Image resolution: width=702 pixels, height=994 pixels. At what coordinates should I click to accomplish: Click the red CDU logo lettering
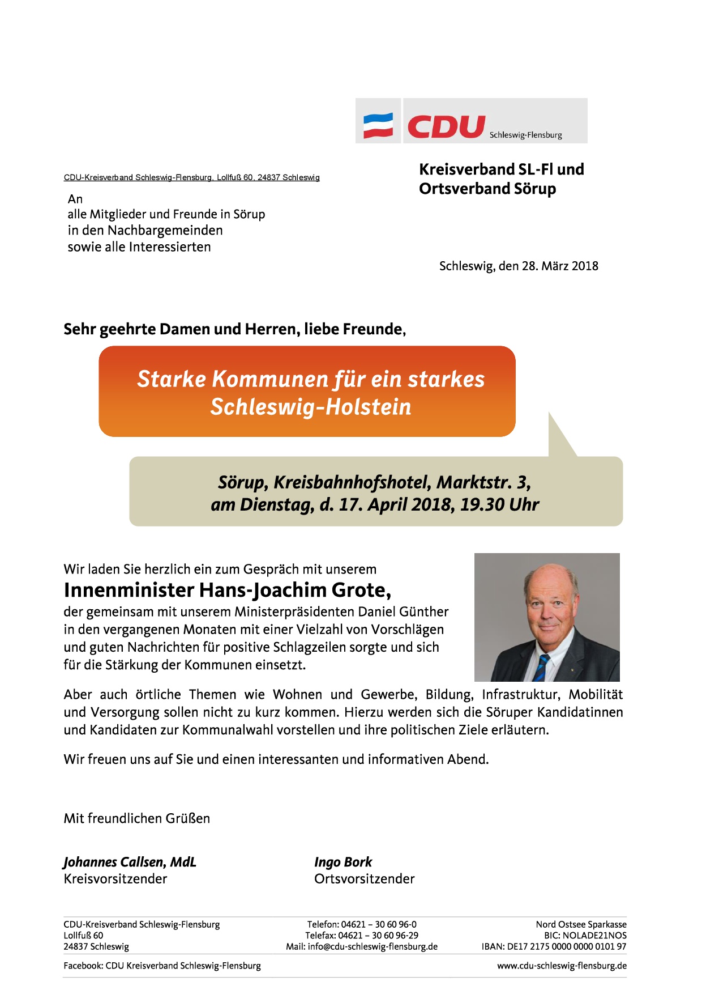[446, 126]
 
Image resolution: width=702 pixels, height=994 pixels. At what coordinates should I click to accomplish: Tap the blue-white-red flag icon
[378, 126]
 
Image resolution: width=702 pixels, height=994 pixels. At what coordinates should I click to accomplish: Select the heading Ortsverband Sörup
[487, 189]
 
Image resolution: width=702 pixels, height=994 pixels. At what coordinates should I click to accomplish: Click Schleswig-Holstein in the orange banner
[311, 407]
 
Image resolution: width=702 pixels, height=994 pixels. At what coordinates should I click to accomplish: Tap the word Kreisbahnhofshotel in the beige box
[353, 482]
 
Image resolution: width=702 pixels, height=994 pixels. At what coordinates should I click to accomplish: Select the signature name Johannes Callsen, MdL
[130, 862]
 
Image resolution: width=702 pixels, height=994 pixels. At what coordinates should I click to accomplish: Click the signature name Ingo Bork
[343, 862]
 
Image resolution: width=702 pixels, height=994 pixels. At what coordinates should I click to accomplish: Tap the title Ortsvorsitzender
[364, 879]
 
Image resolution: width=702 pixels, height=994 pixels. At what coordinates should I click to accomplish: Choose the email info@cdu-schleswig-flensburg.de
[373, 946]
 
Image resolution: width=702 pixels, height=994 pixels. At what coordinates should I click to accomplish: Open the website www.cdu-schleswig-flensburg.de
[562, 966]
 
